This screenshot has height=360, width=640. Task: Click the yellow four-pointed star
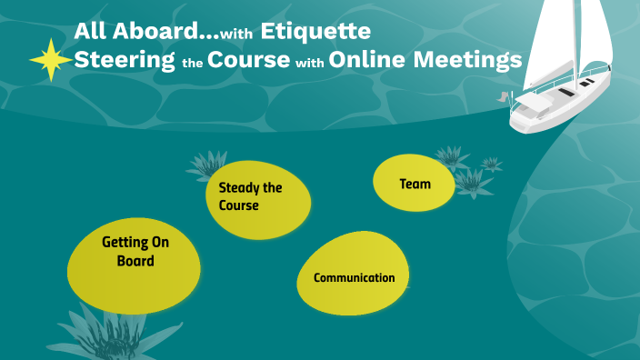(x=50, y=60)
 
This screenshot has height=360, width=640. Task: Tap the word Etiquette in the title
(x=315, y=31)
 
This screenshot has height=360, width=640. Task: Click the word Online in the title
(x=367, y=61)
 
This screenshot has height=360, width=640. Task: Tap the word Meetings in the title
(x=468, y=61)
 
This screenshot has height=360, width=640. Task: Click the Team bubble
(x=415, y=184)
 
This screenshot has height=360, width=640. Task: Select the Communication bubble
(x=354, y=277)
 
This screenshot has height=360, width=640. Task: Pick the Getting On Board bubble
(x=135, y=252)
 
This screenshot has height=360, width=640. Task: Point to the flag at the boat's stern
(x=503, y=95)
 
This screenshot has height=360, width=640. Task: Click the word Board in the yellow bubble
(x=135, y=261)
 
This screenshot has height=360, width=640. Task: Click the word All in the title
(x=90, y=31)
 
